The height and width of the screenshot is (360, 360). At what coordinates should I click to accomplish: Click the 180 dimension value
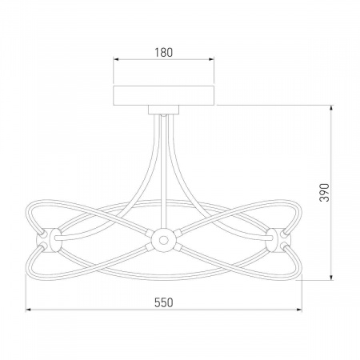pyautogui.click(x=164, y=52)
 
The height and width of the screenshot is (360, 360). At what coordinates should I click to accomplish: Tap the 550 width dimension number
pyautogui.click(x=164, y=302)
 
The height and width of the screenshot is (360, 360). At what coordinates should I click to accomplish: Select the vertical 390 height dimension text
pyautogui.click(x=325, y=193)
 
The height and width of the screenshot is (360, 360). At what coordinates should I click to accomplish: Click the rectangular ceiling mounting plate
pyautogui.click(x=164, y=95)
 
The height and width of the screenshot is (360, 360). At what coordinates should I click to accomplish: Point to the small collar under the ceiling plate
pyautogui.click(x=164, y=110)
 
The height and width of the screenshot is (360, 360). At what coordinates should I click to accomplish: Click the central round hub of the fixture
pyautogui.click(x=163, y=240)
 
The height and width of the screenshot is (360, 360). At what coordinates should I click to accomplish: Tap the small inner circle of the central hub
pyautogui.click(x=163, y=240)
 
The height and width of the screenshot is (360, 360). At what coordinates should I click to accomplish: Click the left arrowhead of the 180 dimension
pyautogui.click(x=116, y=59)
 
